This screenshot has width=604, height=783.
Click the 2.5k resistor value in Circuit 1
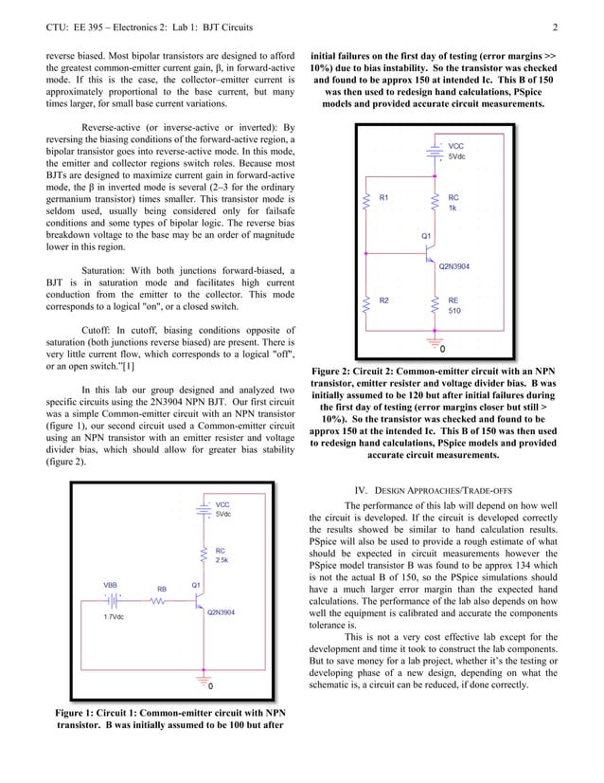[222, 560]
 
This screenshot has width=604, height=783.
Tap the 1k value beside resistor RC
[453, 208]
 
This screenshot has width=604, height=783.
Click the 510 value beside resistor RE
[454, 310]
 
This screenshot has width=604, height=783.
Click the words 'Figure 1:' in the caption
[80, 711]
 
